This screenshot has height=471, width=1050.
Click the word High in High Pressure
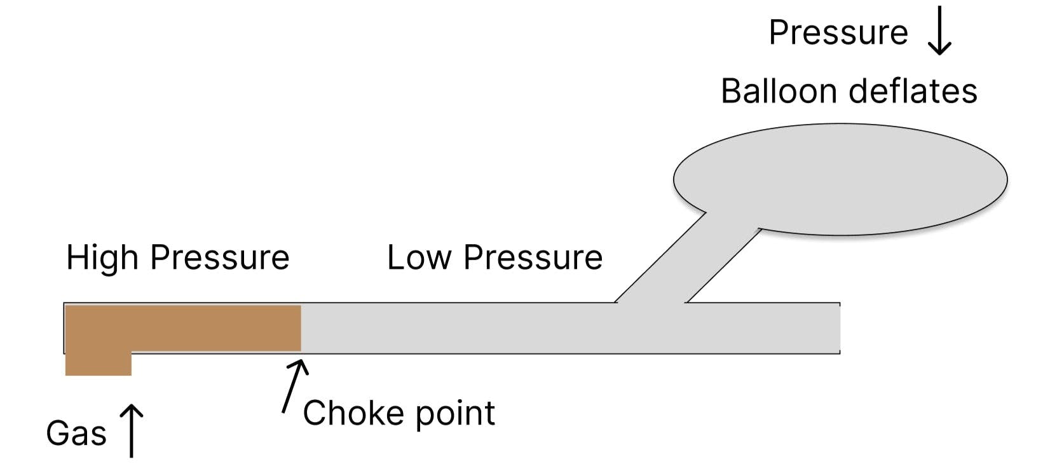tap(102, 257)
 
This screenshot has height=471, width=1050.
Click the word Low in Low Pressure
tap(419, 257)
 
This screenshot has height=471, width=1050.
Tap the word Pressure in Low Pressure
tap(533, 257)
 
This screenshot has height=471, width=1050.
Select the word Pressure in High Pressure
tap(220, 257)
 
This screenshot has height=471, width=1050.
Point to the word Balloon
tap(779, 91)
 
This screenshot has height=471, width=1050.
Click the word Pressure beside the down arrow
tap(838, 32)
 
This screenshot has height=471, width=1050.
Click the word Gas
tap(76, 433)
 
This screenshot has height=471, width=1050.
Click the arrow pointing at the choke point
tap(294, 386)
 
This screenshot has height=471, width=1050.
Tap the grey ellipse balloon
tap(840, 179)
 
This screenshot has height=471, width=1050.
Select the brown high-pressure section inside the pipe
tap(184, 327)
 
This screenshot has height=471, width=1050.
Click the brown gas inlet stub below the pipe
tap(99, 364)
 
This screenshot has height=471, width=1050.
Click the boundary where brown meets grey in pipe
tap(301, 328)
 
